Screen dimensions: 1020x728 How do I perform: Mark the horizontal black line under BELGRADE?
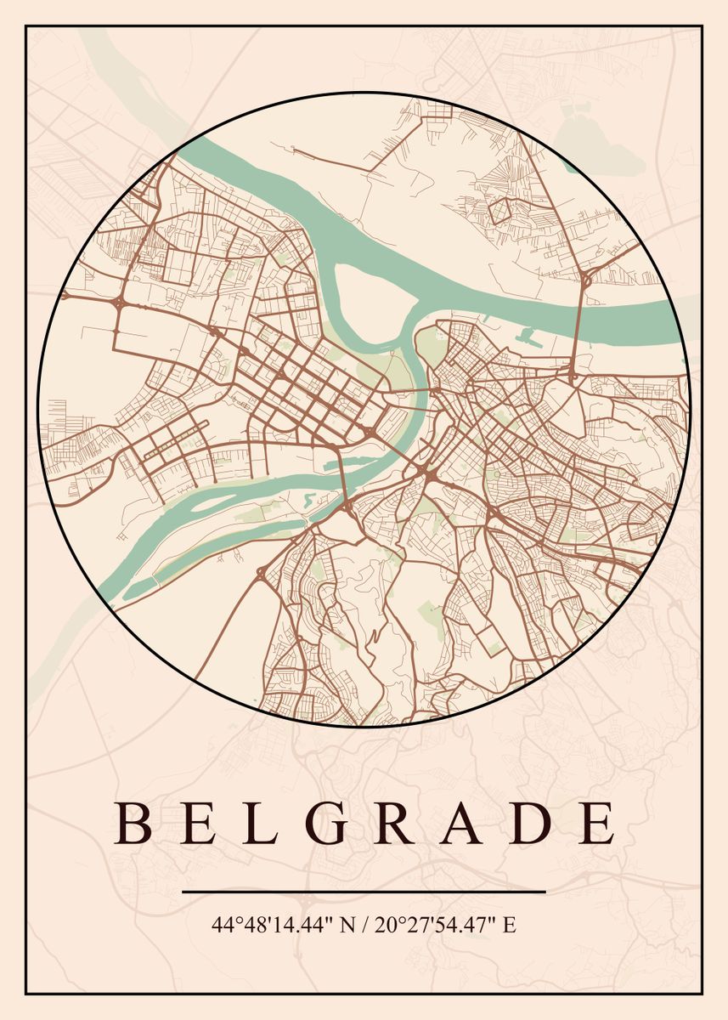[x=364, y=892]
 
